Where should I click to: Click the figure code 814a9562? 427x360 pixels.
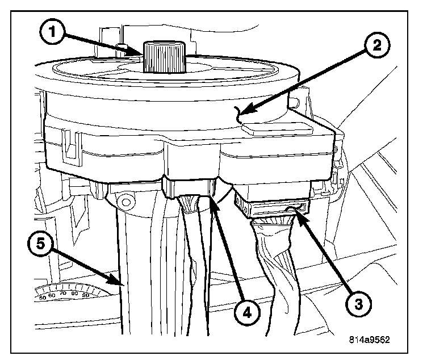click(370, 340)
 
